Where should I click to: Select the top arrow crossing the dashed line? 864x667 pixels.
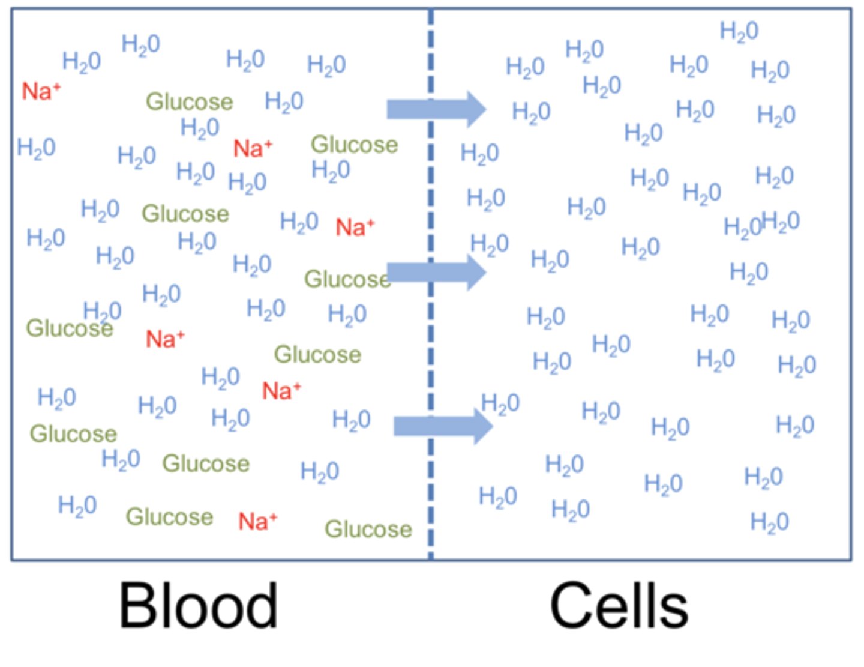pos(436,109)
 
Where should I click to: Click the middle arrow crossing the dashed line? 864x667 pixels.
pos(436,272)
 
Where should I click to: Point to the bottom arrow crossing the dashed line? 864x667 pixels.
pos(443,426)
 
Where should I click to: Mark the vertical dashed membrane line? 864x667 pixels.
pos(431,336)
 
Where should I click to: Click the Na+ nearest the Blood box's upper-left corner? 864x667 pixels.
pos(41,91)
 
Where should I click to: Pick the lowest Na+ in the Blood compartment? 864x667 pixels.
pos(257,521)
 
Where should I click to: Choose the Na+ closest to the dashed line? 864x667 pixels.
pos(355,228)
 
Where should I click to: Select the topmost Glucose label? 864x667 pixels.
pos(189,101)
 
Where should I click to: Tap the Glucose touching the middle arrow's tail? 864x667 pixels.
pos(347,279)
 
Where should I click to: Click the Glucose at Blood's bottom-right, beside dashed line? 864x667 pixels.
pos(368,529)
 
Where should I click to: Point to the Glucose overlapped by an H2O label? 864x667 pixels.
pos(69,328)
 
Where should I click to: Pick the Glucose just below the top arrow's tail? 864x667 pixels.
pos(354,145)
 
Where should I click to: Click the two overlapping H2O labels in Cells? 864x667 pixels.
pos(762,224)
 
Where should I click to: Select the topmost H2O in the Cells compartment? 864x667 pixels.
pos(739,31)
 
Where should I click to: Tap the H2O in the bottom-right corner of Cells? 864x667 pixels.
pos(769,522)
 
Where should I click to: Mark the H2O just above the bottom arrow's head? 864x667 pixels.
pos(500,404)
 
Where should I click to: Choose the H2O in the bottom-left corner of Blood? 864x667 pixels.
pos(77,506)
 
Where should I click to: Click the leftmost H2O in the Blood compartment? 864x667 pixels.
pos(36,148)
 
